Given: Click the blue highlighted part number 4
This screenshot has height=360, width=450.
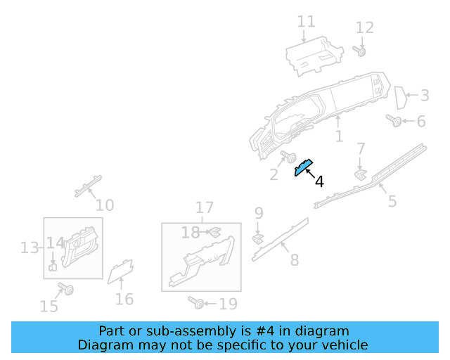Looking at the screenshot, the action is [303, 167].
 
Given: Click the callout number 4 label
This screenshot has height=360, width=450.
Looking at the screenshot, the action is [319, 181].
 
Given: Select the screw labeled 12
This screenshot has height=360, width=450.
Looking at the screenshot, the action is [359, 51].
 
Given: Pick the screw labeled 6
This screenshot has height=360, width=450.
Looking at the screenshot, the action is [394, 120].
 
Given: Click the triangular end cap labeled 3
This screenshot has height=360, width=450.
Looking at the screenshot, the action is [401, 98].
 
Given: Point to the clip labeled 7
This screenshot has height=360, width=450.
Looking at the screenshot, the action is [361, 175].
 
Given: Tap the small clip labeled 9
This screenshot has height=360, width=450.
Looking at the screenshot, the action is [258, 239].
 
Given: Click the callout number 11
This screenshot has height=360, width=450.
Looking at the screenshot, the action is [307, 22].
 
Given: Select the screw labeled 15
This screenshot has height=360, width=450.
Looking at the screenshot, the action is [65, 288].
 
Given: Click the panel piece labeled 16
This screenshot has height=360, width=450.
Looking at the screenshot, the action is [120, 271].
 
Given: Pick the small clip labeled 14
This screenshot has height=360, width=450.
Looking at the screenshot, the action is [53, 267].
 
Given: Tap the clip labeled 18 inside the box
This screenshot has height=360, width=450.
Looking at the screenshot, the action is [215, 232].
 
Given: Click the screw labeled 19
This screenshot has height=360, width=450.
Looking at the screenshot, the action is [196, 303].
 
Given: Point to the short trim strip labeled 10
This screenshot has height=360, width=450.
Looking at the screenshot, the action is [88, 186].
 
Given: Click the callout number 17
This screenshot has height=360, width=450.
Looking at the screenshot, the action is [205, 207].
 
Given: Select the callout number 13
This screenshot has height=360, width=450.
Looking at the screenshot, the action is [30, 247].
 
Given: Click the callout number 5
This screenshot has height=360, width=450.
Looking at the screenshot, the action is [392, 201].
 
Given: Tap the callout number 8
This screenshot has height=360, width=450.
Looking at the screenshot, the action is [295, 260].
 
